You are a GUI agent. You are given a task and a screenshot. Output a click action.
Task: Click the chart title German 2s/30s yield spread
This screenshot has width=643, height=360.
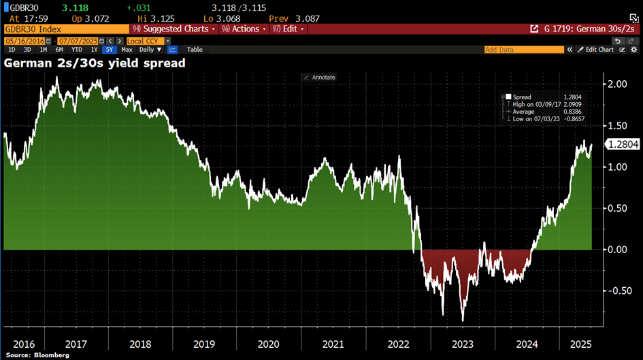(x=95, y=63)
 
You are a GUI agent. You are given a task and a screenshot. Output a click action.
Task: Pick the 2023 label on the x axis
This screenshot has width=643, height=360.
(x=463, y=344)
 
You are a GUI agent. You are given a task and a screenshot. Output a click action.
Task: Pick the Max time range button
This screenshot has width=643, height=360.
(x=127, y=50)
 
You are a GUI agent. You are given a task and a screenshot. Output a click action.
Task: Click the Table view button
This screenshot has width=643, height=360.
(x=195, y=50)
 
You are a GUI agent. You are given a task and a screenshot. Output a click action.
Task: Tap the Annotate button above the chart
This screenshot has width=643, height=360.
(x=320, y=78)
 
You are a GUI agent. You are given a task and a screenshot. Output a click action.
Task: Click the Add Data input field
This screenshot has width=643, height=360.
(x=524, y=50)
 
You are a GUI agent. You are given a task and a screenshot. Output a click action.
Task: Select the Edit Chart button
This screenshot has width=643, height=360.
(x=597, y=50)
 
